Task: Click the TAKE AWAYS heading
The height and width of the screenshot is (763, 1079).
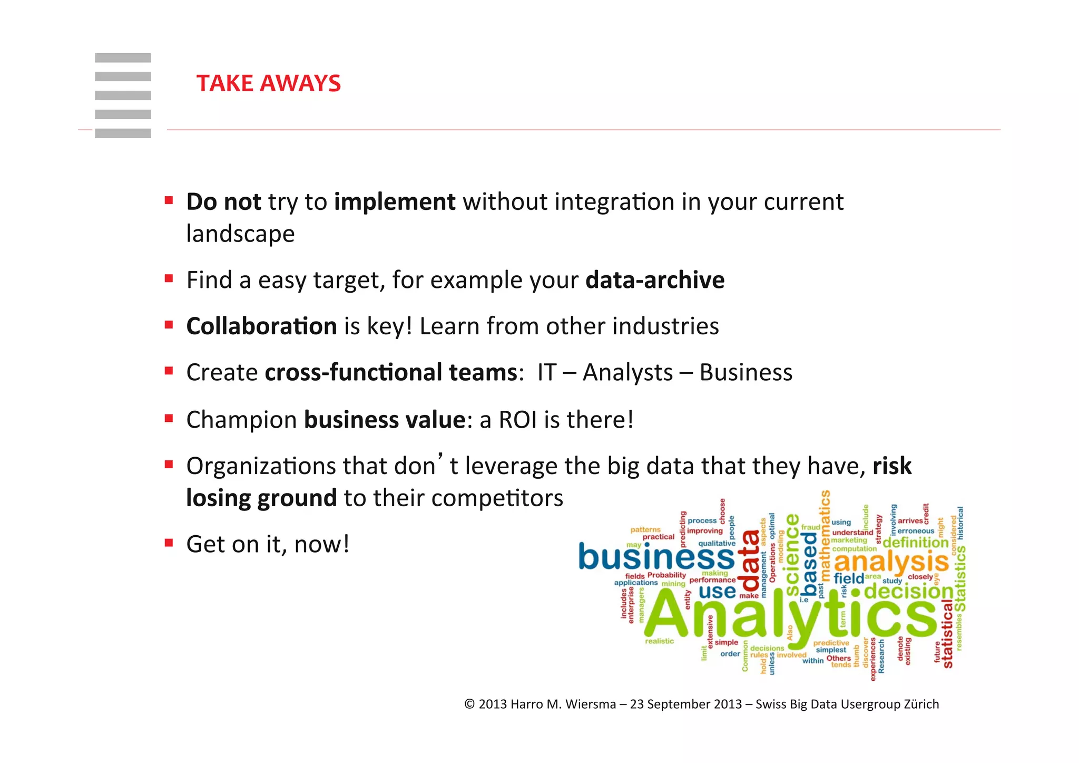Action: (x=268, y=83)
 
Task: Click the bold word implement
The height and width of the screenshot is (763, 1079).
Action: (x=395, y=202)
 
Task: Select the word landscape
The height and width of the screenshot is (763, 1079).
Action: (x=240, y=234)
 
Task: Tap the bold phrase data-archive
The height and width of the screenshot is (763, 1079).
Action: (x=655, y=280)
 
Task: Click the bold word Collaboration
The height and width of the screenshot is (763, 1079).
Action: (x=261, y=326)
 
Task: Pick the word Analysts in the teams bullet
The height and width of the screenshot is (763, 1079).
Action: (x=627, y=373)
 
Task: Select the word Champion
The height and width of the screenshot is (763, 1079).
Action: (x=242, y=420)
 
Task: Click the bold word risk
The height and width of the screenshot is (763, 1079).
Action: (x=891, y=466)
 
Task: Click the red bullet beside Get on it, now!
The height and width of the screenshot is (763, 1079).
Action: (x=169, y=543)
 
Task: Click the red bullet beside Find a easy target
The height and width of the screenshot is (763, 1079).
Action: (x=169, y=278)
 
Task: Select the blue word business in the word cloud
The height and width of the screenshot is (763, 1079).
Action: (x=656, y=557)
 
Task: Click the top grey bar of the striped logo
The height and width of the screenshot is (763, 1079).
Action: (x=123, y=58)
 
